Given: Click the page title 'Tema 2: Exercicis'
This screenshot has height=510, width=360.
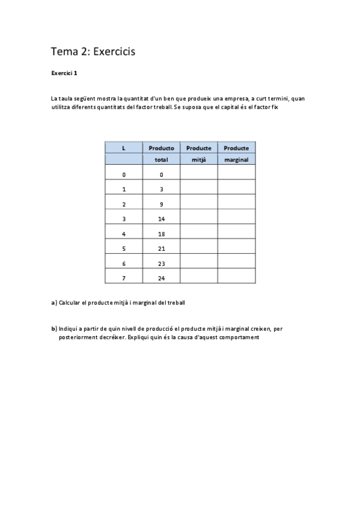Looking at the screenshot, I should click(x=93, y=52).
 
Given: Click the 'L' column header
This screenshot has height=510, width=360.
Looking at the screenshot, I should click(x=124, y=148).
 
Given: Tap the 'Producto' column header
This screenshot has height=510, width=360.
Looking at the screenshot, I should click(x=161, y=148).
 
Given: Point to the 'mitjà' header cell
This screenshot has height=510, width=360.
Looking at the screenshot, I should click(x=198, y=159).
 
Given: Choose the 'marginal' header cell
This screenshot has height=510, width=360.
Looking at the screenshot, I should click(x=236, y=159).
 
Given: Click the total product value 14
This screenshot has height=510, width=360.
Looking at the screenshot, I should click(x=161, y=219).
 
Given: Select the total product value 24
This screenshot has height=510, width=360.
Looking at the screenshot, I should click(x=161, y=278).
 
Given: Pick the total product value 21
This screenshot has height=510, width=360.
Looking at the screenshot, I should click(x=161, y=248).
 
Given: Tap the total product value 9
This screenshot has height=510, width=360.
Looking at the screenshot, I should click(x=161, y=204).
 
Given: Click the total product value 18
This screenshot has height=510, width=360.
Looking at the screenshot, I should click(x=161, y=233).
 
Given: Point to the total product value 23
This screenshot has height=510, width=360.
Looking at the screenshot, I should click(x=161, y=263).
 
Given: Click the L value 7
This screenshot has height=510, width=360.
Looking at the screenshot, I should click(x=124, y=278).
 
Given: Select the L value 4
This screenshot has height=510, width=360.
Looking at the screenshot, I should click(x=124, y=233).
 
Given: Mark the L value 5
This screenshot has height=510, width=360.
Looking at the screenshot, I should click(x=124, y=248).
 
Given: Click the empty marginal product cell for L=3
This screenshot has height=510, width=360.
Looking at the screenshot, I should click(x=236, y=219).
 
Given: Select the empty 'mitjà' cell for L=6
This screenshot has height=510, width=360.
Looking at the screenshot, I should click(x=198, y=263).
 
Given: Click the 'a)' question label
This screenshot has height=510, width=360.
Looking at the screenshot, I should click(x=54, y=303).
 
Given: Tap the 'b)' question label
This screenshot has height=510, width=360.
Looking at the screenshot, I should click(x=54, y=328).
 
